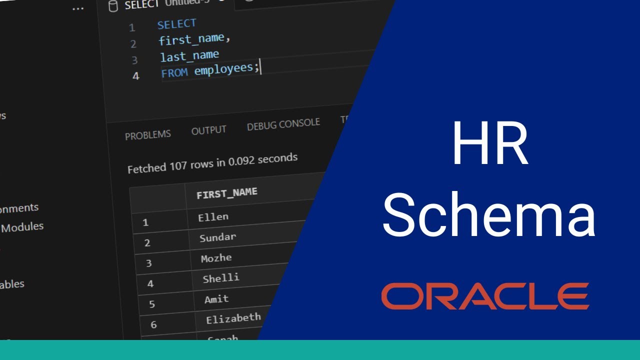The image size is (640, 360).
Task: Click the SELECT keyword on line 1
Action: pos(176,24)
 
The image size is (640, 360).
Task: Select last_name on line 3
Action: pos(189,55)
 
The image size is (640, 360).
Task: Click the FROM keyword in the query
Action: pos(174,73)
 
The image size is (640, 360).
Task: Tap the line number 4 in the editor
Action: pos(136,76)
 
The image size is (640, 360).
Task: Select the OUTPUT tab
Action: pos(208,130)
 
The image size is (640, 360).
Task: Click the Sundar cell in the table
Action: pos(217,237)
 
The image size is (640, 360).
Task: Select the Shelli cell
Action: pos(220,278)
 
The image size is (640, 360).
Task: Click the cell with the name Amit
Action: pos(216,299)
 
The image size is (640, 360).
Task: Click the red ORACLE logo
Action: pos(485,296)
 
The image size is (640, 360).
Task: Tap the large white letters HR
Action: pos(489,144)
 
